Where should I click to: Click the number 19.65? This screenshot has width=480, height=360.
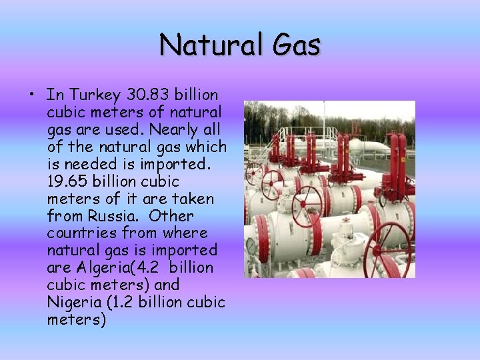click(x=69, y=181)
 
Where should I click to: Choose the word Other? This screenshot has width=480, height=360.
click(x=172, y=216)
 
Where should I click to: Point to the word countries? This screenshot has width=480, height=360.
click(x=81, y=233)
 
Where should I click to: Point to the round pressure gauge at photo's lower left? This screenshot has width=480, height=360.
click(x=252, y=246)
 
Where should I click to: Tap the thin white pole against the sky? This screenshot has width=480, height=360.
click(x=324, y=120)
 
